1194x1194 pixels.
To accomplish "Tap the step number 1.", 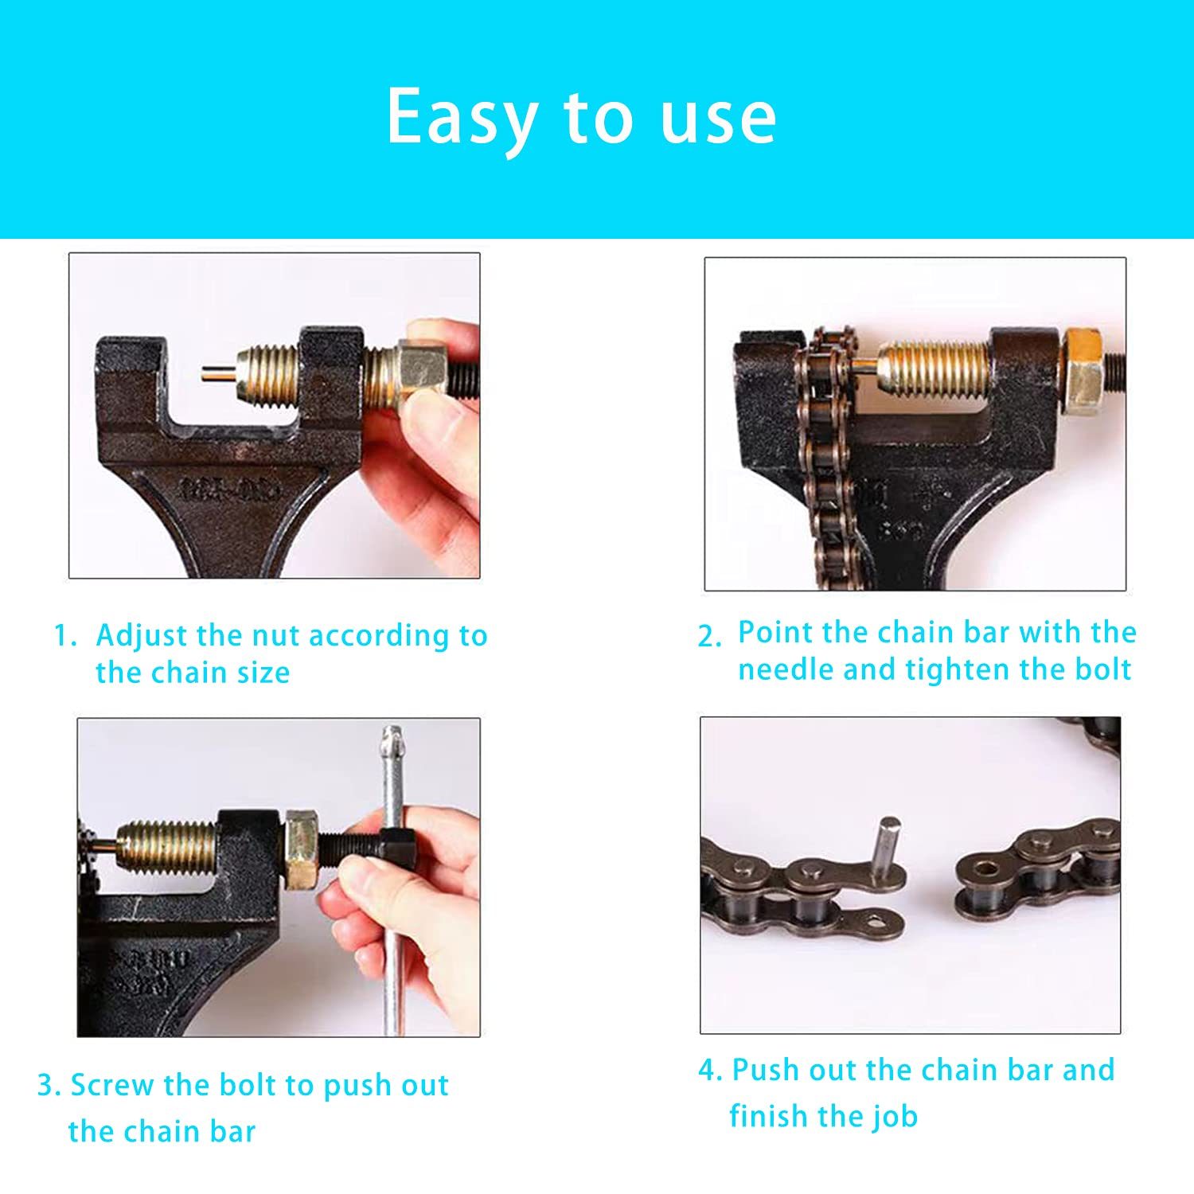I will (64, 636).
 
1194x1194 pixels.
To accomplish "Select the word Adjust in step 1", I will (141, 636).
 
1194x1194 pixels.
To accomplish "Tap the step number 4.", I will (708, 1071).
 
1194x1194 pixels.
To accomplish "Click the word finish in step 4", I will (767, 1116).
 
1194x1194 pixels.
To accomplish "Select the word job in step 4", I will (894, 1118).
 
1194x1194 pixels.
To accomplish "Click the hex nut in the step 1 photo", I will (419, 371).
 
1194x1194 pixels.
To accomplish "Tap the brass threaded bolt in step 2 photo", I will (935, 368).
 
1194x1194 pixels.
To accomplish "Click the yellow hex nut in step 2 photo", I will (1083, 371).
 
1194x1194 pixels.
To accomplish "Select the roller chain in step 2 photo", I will (828, 462).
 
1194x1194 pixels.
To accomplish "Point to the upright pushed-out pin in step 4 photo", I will (888, 849).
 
